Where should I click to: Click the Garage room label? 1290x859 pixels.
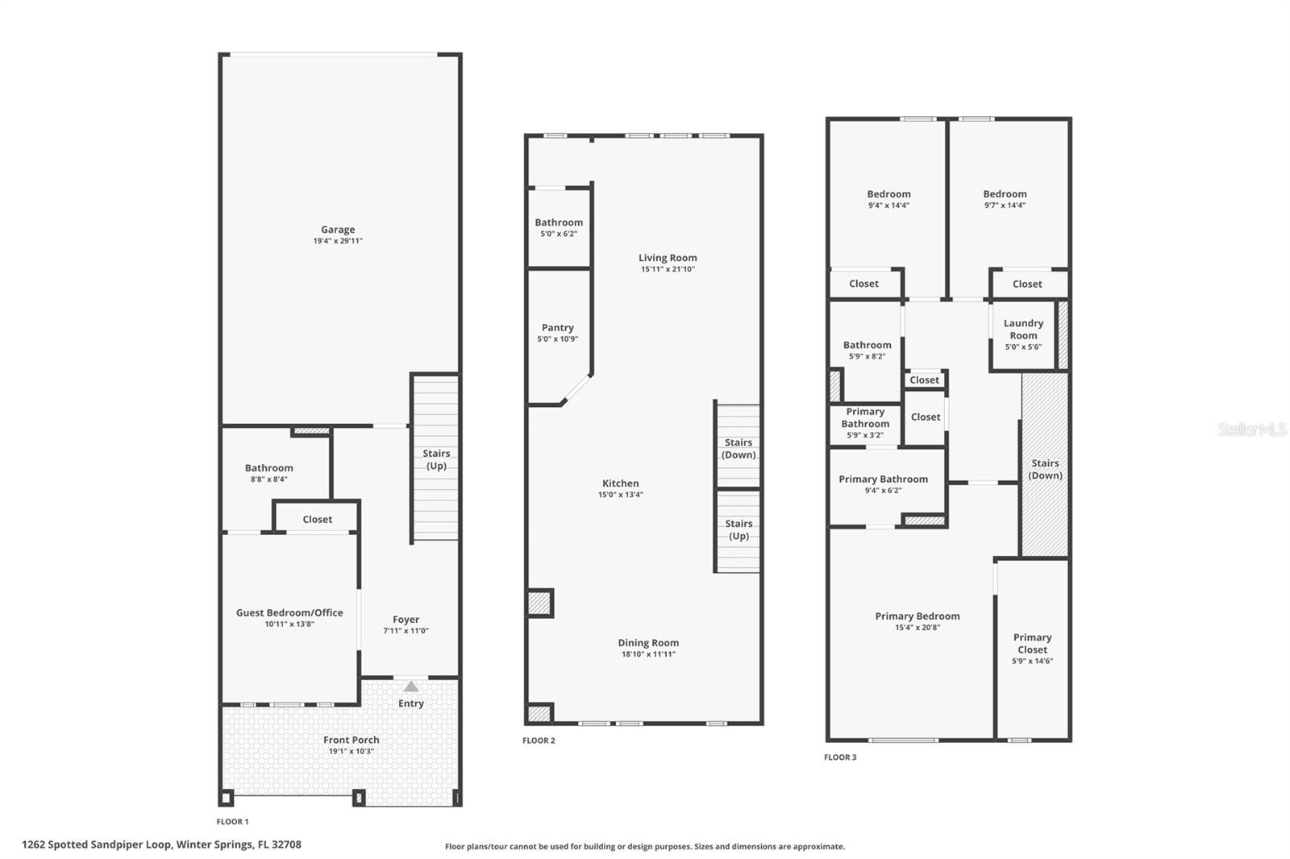click(x=338, y=230)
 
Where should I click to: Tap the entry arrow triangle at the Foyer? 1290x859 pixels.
click(x=411, y=687)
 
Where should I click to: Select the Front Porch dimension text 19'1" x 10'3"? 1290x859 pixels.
click(x=351, y=751)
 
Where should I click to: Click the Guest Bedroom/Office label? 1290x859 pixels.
click(x=289, y=612)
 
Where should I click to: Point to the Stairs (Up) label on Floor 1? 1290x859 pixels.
click(x=436, y=459)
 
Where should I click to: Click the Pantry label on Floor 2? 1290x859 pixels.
click(x=558, y=328)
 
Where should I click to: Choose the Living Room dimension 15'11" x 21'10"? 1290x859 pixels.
click(x=668, y=269)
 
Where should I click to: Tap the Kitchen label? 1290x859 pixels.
click(x=621, y=483)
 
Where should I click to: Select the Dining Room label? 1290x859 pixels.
click(x=648, y=643)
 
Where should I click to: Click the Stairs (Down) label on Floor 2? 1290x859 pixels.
click(x=739, y=449)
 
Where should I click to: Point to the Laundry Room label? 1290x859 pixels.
click(x=1023, y=329)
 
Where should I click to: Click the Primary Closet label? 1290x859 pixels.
click(x=1032, y=643)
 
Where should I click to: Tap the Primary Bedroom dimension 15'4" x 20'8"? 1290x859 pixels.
click(x=918, y=628)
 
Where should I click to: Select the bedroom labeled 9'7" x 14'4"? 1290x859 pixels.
click(x=1005, y=194)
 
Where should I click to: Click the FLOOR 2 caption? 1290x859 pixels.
click(x=539, y=741)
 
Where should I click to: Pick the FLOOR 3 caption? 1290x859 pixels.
click(x=840, y=757)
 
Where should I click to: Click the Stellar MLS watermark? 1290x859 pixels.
click(x=1251, y=429)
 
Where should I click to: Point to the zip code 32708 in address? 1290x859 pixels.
click(x=286, y=844)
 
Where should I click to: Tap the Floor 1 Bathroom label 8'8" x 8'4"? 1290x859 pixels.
click(x=269, y=468)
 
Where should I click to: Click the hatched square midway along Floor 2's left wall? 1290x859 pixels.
click(x=539, y=603)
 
